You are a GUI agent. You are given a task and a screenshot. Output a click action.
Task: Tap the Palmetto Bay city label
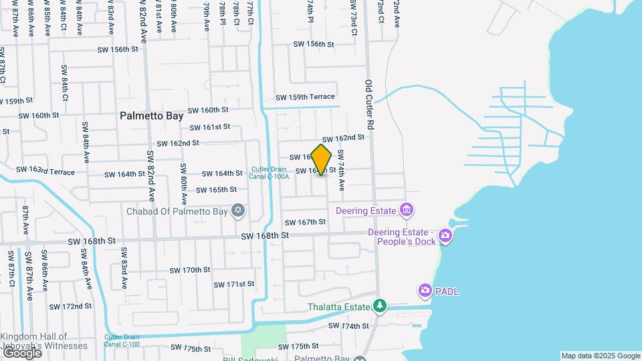click(152, 116)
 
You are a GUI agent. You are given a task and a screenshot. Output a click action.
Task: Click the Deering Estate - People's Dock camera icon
click(445, 236)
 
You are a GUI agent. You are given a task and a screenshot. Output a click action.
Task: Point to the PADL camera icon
click(425, 291)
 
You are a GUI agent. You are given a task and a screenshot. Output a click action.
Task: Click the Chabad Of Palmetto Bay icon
click(237, 211)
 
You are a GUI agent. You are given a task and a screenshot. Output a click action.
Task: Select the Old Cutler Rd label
click(368, 105)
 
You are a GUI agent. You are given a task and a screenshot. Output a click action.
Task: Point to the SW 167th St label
click(305, 222)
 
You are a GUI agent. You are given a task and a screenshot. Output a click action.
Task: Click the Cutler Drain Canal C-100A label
click(270, 172)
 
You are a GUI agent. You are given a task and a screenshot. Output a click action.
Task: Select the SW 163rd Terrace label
click(45, 171)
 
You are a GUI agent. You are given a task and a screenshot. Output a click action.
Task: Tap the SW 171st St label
click(234, 284)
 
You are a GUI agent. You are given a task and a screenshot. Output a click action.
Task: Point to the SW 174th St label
click(348, 326)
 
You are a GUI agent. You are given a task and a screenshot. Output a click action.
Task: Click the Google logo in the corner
click(21, 352)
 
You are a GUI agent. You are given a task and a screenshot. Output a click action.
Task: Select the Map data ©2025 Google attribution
click(601, 356)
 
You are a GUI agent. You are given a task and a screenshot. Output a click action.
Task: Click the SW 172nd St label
click(71, 306)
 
